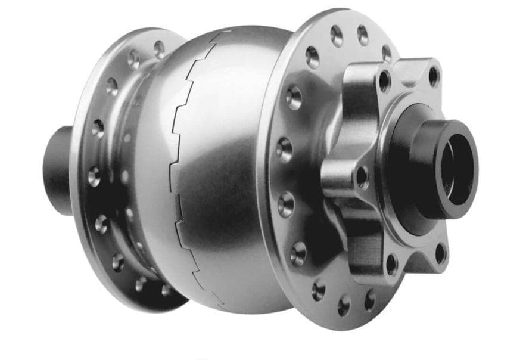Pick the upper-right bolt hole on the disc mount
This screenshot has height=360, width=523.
pos(434,75)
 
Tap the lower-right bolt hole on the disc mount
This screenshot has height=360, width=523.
pos(440,253)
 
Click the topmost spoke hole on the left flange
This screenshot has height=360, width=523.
pos(159,48)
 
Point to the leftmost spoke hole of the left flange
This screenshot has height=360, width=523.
pos(94,176)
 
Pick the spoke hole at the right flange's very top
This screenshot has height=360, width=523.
pos(337,35)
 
